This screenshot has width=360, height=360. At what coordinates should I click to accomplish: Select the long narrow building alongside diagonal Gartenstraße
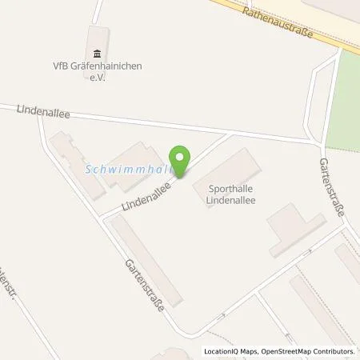(x=147, y=260)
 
